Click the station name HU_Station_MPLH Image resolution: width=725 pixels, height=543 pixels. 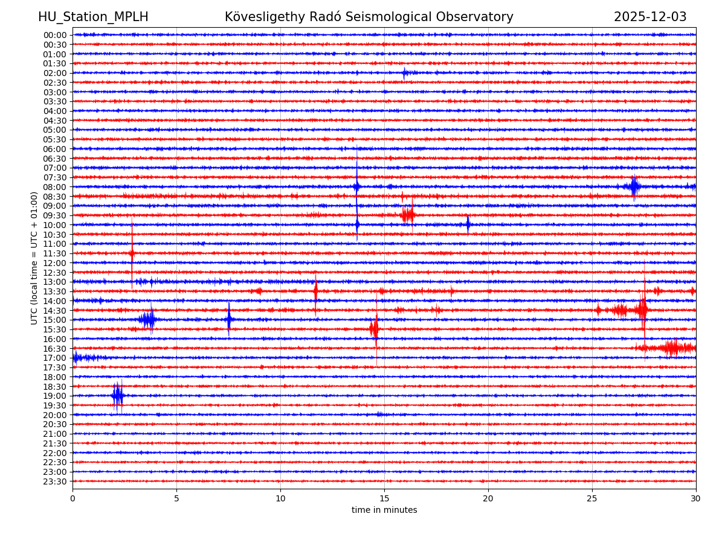click(93, 17)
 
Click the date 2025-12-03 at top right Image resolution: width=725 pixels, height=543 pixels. click(650, 17)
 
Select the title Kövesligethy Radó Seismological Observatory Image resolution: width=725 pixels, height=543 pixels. click(369, 17)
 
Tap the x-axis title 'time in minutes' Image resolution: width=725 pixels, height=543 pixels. click(384, 510)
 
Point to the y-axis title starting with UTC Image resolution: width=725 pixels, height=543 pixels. click(34, 258)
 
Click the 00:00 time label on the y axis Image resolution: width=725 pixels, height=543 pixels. click(54, 35)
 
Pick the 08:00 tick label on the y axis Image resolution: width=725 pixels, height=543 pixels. click(54, 187)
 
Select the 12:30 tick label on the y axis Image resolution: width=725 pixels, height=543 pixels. click(54, 273)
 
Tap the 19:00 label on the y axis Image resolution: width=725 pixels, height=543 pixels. click(54, 396)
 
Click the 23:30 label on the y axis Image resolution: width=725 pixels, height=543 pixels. click(54, 481)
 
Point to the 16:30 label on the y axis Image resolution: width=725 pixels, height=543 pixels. click(54, 349)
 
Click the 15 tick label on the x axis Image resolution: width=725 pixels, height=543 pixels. click(384, 498)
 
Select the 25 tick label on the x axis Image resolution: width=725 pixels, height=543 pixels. click(592, 498)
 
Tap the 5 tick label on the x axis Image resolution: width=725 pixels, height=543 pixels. click(176, 498)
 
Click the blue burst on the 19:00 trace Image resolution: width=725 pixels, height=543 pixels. click(118, 396)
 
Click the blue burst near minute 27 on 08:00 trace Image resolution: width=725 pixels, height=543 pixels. click(633, 186)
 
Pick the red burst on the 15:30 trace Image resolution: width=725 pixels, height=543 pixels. click(375, 329)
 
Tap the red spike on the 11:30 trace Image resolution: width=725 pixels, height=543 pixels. click(132, 253)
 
